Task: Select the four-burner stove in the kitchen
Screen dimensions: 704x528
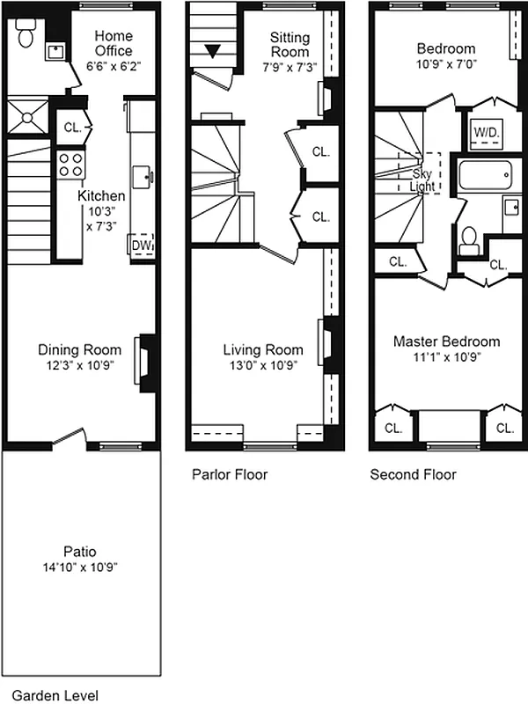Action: pos(70,164)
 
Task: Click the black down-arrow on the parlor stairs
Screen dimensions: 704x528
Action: pos(212,51)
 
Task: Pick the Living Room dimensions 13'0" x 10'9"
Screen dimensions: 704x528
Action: pos(262,365)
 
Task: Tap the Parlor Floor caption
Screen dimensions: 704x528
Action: pos(230,474)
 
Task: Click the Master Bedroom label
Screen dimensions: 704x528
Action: pos(446,341)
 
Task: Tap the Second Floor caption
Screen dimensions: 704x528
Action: pos(413,474)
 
